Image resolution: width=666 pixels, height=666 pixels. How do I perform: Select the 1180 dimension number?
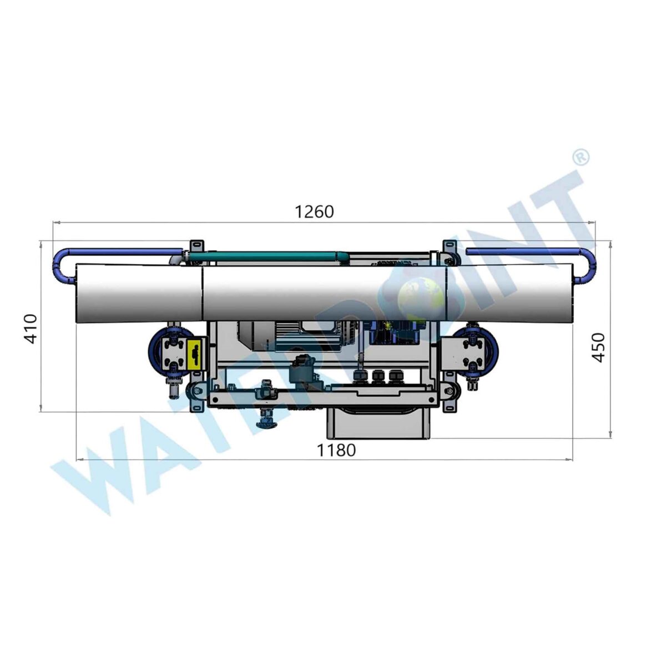tap(336, 450)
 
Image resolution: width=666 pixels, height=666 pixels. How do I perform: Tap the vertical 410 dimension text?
tap(32, 329)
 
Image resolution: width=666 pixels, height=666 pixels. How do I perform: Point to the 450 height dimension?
tap(599, 347)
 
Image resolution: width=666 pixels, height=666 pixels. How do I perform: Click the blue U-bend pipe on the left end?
tap(65, 264)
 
